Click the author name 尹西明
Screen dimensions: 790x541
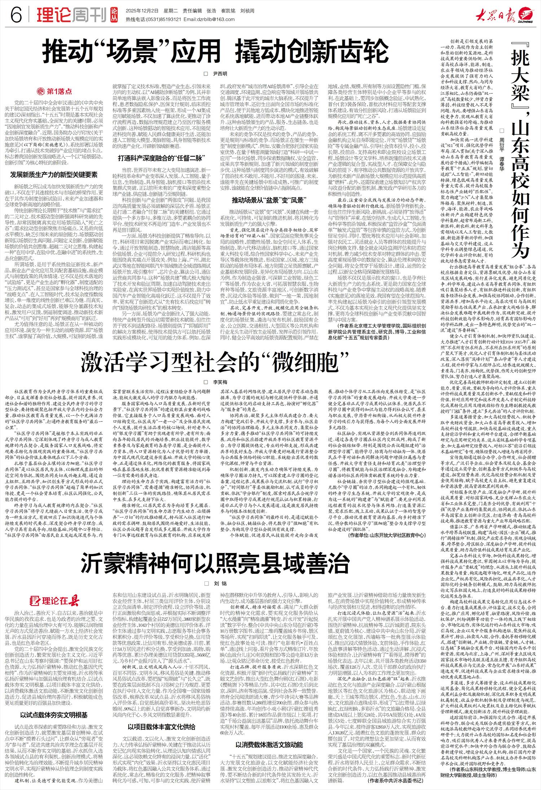pyautogui.click(x=220, y=74)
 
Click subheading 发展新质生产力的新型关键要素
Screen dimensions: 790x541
pyautogui.click(x=54, y=175)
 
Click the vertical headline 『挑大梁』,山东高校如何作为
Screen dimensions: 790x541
pyautogui.click(x=519, y=144)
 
